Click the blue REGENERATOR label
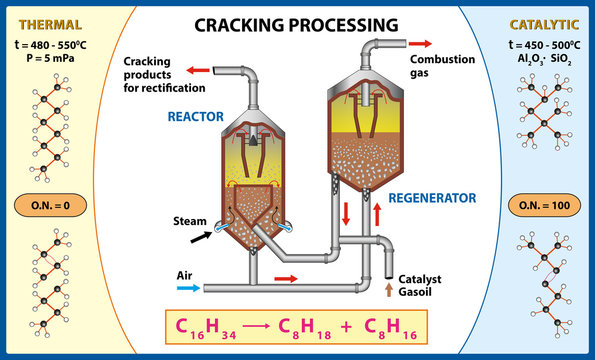pos(432,198)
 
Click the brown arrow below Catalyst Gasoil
pos(390,290)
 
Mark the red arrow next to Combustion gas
pos(420,44)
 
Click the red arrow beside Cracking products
pos(199,71)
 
